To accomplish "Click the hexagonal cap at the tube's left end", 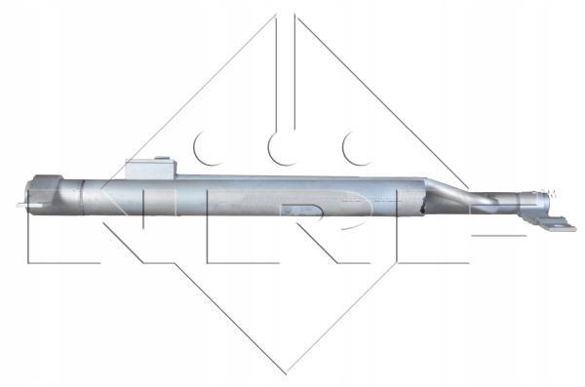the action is pyautogui.click(x=45, y=194).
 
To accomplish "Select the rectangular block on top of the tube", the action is pyautogui.click(x=150, y=169).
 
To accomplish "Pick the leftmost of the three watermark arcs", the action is pyautogui.click(x=207, y=149).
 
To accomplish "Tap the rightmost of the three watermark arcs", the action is pyautogui.click(x=355, y=149).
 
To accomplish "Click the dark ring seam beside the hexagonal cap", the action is pyautogui.click(x=83, y=198).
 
